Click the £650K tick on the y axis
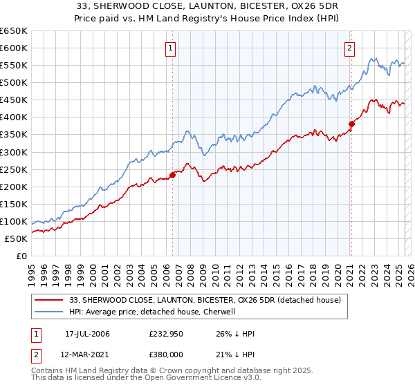pos(14,31)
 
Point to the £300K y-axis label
pos(14,152)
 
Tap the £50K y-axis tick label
pos(16,238)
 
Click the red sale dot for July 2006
pos(172,175)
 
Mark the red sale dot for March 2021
pos(351,124)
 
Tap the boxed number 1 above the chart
pos(170,48)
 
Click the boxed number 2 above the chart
pos(350,48)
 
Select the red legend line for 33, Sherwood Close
pos(50,301)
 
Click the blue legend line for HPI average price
pos(50,312)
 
